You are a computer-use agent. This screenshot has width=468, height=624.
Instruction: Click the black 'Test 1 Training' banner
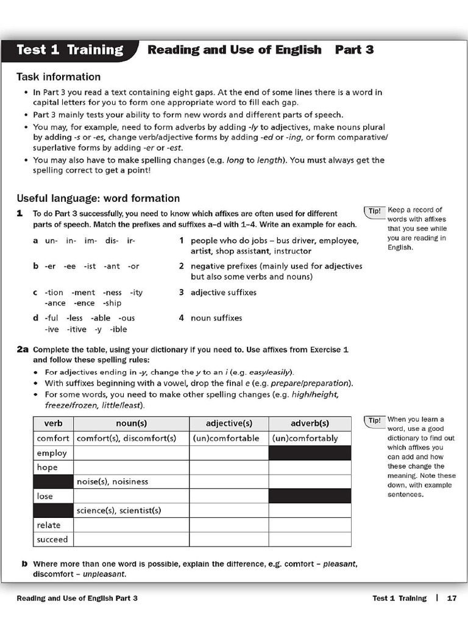(x=69, y=51)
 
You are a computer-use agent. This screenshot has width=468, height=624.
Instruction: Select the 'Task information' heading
(x=58, y=77)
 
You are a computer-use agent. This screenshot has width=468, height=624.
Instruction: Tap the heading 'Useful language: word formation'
(x=98, y=198)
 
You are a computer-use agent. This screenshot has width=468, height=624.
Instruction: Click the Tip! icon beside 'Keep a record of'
(x=374, y=211)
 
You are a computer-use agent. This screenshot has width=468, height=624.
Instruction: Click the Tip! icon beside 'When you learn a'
(x=374, y=420)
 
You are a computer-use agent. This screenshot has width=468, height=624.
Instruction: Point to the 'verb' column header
(x=53, y=424)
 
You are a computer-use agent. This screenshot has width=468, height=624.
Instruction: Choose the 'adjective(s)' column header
(x=229, y=424)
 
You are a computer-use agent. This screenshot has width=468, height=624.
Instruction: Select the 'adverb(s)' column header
(x=310, y=424)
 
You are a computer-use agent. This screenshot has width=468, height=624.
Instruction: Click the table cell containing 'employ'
(x=52, y=453)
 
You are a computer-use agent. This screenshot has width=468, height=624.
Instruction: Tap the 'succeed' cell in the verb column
(x=53, y=539)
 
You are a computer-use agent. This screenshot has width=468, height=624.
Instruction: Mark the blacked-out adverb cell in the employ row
(x=310, y=453)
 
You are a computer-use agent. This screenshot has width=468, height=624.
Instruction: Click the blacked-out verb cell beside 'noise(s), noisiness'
(x=53, y=481)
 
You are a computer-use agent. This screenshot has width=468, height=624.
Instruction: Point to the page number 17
(x=452, y=598)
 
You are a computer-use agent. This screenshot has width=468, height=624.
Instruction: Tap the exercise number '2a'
(x=23, y=350)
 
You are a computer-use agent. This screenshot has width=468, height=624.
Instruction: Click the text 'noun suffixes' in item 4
(x=216, y=318)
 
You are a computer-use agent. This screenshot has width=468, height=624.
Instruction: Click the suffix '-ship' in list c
(x=112, y=303)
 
